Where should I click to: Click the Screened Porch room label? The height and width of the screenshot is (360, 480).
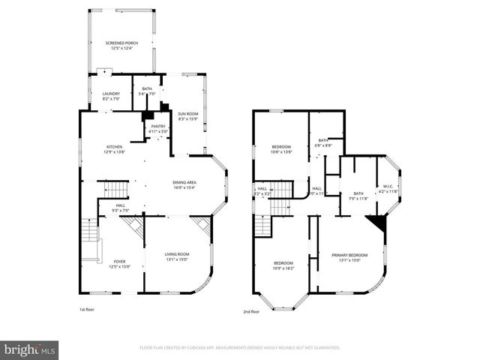[x=121, y=46]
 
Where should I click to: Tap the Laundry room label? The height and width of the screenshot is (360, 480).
[x=110, y=96]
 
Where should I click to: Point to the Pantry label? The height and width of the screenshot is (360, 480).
[x=158, y=128]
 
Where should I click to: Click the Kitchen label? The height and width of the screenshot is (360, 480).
[x=114, y=148]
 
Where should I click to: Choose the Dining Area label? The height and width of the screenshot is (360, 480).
[x=184, y=184]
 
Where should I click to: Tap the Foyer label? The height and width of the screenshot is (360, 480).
[x=119, y=263]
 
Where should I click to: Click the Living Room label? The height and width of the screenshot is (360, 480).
[x=177, y=257]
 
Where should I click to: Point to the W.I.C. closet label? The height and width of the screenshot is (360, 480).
[x=388, y=189]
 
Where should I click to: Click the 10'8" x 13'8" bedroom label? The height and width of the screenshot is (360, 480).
[x=281, y=148]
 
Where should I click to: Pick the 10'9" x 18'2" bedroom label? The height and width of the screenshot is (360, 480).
[x=283, y=265]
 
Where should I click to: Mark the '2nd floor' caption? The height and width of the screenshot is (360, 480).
[x=251, y=311]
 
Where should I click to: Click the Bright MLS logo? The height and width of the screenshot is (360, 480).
[x=29, y=349]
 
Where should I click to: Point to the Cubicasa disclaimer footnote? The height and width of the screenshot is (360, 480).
[x=240, y=348]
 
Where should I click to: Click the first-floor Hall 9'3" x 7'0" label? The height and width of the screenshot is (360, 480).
[x=121, y=208]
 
